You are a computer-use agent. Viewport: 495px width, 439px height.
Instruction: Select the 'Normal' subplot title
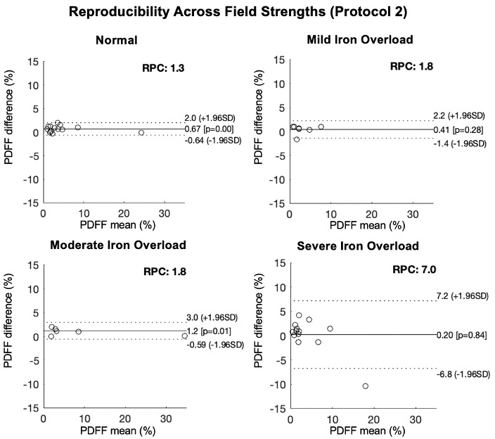116,41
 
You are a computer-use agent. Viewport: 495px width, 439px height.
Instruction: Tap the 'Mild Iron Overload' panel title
362,41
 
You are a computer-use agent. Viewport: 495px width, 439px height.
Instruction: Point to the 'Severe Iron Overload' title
362,246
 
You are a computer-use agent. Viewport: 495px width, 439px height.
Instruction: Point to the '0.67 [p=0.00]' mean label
210,129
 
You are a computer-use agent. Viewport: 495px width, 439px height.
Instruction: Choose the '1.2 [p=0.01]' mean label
208,331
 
